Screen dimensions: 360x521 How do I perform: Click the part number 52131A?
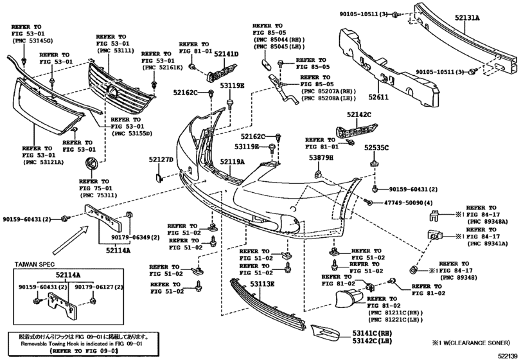[468, 19]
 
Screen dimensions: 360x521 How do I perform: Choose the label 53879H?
[320, 157]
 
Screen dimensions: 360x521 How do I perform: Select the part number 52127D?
[161, 159]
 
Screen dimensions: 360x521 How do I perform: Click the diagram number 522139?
[504, 355]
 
